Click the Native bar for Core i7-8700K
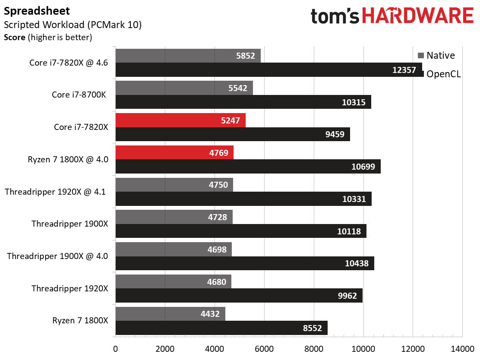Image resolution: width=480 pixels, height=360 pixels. (184, 88)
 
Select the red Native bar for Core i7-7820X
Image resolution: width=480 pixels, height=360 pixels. (180, 120)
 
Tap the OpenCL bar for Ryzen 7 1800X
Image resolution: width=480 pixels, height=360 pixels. (221, 328)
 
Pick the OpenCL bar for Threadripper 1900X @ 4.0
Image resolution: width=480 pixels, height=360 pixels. (245, 263)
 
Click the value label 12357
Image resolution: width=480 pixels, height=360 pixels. (404, 70)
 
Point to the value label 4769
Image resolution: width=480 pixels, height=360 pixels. (218, 153)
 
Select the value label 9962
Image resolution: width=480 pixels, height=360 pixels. (347, 296)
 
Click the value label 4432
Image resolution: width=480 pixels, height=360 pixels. (210, 314)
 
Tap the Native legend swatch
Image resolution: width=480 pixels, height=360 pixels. (421, 55)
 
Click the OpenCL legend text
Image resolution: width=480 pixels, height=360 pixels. (444, 74)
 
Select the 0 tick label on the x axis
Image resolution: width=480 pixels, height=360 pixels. (115, 349)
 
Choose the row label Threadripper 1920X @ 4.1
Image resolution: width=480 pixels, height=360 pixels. (55, 192)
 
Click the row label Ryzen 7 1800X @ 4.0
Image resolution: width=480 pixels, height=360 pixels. (68, 159)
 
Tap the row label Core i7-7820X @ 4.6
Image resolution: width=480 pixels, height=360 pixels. (69, 63)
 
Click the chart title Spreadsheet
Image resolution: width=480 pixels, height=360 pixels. (37, 11)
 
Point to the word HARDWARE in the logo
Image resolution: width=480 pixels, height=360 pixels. (418, 16)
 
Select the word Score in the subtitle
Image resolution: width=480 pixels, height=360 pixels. (15, 38)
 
